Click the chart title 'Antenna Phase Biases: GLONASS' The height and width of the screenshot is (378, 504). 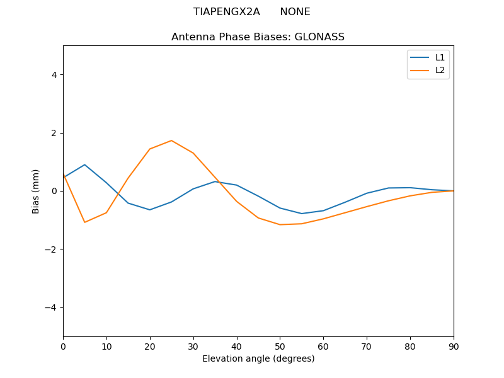point(258,37)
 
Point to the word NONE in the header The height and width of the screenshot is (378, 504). point(295,12)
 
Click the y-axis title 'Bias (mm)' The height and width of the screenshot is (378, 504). point(36,191)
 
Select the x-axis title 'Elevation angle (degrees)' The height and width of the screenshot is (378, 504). point(258,358)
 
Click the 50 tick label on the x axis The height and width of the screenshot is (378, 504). point(280,346)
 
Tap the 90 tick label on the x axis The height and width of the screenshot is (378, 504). point(454,346)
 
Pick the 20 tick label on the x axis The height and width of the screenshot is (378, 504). point(150,346)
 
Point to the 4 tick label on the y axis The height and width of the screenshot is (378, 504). point(54,75)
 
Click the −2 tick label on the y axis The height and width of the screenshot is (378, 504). point(52,249)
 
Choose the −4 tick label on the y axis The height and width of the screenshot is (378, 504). point(52,307)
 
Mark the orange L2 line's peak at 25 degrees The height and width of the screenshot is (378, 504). point(171,140)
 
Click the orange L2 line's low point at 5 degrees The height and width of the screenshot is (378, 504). point(84,222)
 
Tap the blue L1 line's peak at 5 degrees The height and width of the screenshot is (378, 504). point(84,164)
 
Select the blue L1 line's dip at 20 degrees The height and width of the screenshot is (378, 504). point(150,210)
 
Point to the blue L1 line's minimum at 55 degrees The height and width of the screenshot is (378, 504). point(302,214)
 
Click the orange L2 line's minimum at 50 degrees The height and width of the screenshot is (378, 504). point(280,225)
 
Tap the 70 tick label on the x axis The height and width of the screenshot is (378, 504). point(367,346)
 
